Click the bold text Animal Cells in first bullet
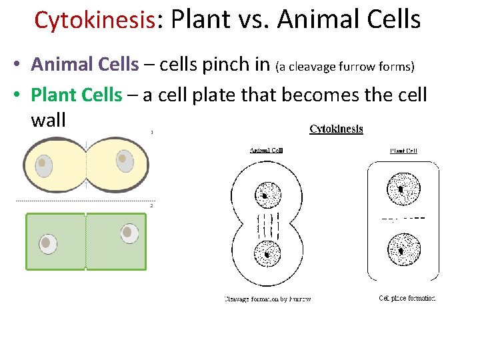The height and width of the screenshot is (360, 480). pyautogui.click(x=85, y=65)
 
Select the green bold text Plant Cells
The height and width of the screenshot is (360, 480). pyautogui.click(x=77, y=95)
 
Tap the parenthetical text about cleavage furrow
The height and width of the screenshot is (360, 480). pyautogui.click(x=345, y=66)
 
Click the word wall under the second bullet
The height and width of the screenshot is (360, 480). pyautogui.click(x=48, y=120)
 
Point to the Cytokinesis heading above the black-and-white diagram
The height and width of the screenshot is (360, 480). pyautogui.click(x=336, y=129)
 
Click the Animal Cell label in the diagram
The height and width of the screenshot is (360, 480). pyautogui.click(x=266, y=150)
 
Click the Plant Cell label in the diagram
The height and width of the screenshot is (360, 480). pyautogui.click(x=403, y=151)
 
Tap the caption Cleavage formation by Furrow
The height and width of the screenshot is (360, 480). pyautogui.click(x=267, y=299)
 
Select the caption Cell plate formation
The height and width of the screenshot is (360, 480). pyautogui.click(x=407, y=298)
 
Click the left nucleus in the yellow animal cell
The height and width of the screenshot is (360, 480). pyautogui.click(x=44, y=165)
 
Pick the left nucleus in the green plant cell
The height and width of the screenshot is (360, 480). pyautogui.click(x=48, y=243)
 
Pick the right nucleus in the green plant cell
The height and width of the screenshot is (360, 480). pyautogui.click(x=129, y=233)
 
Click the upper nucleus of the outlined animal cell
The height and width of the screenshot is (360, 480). pyautogui.click(x=267, y=195)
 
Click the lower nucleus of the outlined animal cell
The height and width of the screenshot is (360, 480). pyautogui.click(x=267, y=253)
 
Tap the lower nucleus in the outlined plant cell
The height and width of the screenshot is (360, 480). pyautogui.click(x=403, y=248)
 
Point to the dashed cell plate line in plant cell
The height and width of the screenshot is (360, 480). pyautogui.click(x=403, y=218)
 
